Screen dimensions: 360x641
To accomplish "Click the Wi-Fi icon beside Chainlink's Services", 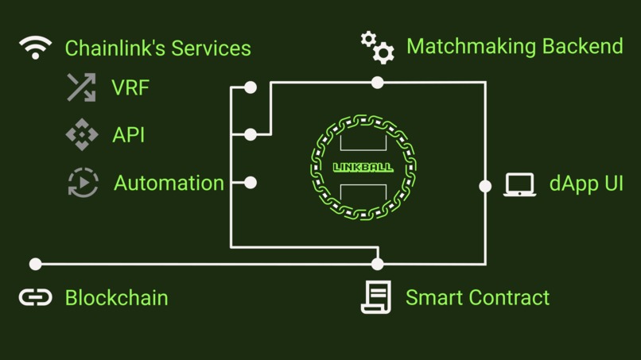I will pos(35,48).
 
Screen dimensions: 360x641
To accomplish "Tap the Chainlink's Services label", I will pos(157,48).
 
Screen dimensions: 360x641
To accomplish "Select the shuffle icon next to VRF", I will pos(81,87).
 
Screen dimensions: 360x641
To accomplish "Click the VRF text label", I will pos(130,87).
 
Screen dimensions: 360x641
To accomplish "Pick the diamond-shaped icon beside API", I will pos(82,135).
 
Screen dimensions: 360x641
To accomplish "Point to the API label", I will pos(129,135).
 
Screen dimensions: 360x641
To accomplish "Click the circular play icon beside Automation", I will pos(83,183).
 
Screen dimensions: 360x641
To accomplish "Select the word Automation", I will pos(169,183).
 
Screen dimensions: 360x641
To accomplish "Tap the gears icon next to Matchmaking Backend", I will pos(377,47).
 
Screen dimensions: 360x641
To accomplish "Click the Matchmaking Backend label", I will pos(515,46).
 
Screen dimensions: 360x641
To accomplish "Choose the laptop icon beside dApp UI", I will pos(519,184).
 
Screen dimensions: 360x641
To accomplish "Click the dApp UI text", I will pos(586,184).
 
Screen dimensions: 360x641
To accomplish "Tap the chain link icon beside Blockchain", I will pos(35,297).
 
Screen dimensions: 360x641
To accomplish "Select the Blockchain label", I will pos(116,298).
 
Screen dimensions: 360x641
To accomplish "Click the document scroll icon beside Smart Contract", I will pos(376,297).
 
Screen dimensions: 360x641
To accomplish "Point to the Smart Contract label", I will pos(477,298).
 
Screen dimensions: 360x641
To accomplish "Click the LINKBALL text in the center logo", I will pos(363,168).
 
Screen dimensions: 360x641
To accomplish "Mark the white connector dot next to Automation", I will pos(251,183).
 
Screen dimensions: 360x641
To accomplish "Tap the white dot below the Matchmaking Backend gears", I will pos(377,82).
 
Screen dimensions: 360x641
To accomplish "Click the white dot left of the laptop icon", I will pos(485,186).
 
